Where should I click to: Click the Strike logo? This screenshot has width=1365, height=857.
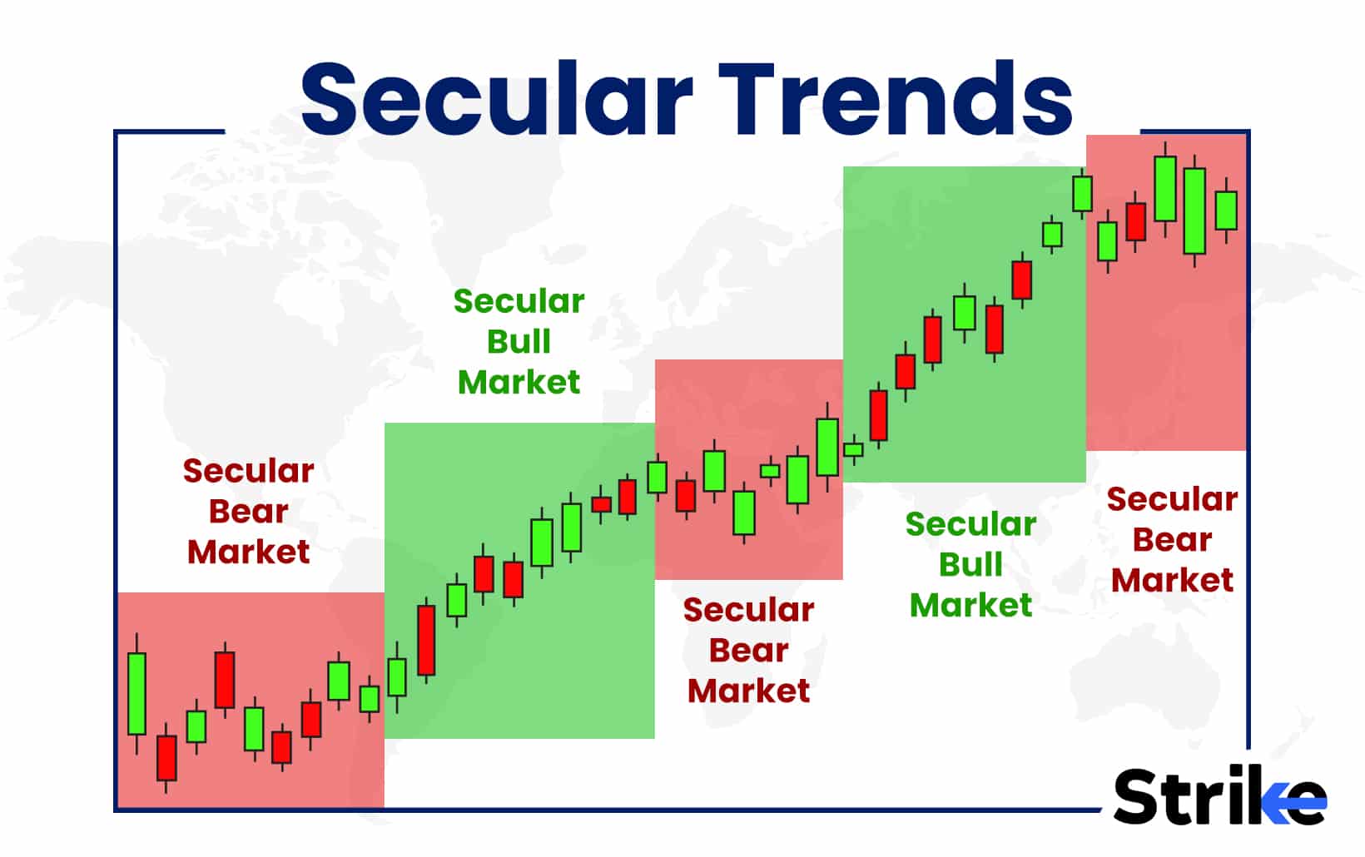[1219, 796]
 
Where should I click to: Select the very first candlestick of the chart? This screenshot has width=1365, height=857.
[136, 693]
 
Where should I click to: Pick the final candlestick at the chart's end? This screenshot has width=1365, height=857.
[1225, 210]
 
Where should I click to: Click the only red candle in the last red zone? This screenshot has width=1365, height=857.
[1135, 222]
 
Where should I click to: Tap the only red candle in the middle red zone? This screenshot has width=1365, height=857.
[685, 496]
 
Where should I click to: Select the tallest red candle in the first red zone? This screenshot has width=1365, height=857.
[225, 680]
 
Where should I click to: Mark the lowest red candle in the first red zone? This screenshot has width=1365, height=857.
[166, 757]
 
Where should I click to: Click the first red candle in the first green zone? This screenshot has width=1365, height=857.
[426, 640]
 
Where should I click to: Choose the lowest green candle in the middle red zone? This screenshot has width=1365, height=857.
[743, 513]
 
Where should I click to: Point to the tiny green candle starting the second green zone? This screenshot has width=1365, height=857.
[853, 449]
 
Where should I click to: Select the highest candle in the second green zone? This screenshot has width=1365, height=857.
[1082, 193]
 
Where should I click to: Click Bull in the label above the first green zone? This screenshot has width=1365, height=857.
[519, 341]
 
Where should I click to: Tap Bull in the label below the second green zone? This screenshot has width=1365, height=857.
[970, 564]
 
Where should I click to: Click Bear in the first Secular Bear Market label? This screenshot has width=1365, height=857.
[248, 511]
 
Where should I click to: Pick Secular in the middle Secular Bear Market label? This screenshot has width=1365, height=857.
[748, 610]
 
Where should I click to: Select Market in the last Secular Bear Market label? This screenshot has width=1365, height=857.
[1172, 580]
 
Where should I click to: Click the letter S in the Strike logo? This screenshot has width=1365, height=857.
[1140, 796]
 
